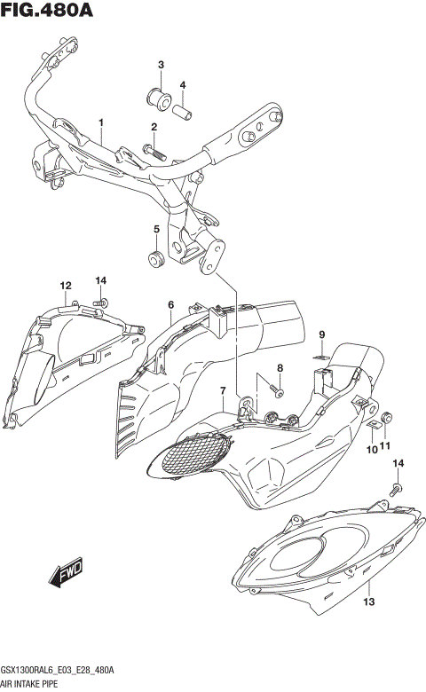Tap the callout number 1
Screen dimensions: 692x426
(101, 122)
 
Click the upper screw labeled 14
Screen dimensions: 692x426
(100, 304)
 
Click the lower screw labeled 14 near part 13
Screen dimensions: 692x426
(396, 487)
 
